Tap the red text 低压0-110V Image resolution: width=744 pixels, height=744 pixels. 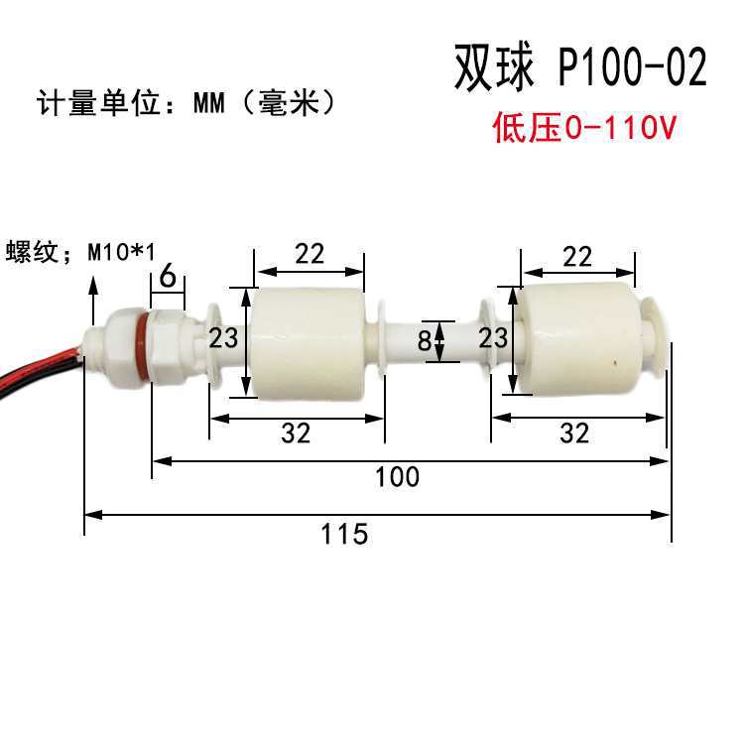[x=584, y=128]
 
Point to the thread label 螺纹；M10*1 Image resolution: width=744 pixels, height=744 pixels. [x=81, y=251]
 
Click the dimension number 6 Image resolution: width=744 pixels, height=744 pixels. [x=168, y=276]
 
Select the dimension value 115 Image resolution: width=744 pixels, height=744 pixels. [x=344, y=534]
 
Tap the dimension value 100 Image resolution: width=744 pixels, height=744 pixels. [x=397, y=477]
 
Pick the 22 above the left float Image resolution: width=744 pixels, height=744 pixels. [x=310, y=254]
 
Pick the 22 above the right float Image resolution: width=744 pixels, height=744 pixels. [x=576, y=257]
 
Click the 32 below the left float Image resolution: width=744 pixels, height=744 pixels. [x=296, y=433]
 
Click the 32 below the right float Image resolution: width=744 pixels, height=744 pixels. [x=574, y=433]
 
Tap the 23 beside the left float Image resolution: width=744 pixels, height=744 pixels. [x=224, y=338]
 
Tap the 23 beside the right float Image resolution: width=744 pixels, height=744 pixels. [x=493, y=338]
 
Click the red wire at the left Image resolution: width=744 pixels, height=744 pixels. [x=40, y=357]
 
